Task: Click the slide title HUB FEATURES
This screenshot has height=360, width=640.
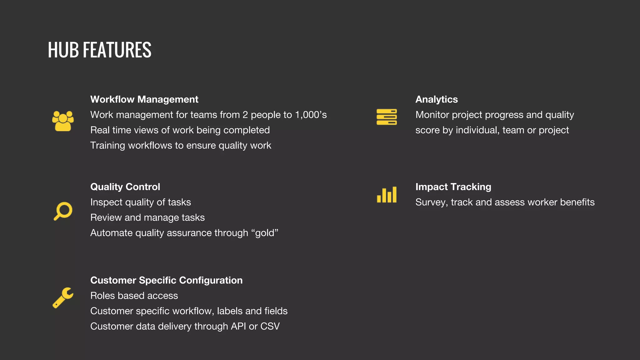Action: (99, 50)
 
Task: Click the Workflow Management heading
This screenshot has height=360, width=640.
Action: (144, 99)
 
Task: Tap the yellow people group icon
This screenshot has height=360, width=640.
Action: (63, 121)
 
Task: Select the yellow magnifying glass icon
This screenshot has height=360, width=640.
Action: (63, 211)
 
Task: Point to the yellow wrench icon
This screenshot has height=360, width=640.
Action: (63, 297)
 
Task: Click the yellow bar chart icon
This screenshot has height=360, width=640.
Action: (387, 195)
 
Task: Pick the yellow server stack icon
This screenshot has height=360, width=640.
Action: (387, 117)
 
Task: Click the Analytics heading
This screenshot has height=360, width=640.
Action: (436, 99)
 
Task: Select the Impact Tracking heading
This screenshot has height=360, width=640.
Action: (453, 187)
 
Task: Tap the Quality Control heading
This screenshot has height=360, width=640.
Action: (125, 187)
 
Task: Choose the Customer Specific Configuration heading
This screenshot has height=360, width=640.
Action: (166, 280)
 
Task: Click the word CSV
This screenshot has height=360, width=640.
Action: (270, 326)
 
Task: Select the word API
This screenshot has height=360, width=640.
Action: (238, 326)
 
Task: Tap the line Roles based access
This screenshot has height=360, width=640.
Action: (134, 296)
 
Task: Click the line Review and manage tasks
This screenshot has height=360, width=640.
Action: (147, 217)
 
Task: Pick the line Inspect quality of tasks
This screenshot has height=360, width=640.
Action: (141, 202)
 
